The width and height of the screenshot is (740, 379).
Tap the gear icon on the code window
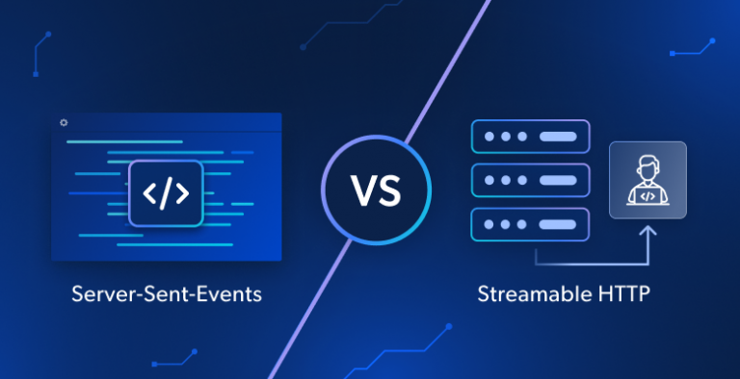(64, 122)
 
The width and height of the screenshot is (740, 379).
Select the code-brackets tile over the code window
(166, 193)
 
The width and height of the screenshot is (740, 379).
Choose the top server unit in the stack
(528, 137)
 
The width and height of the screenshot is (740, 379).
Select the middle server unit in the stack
(528, 180)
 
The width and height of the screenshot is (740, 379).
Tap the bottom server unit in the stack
(528, 223)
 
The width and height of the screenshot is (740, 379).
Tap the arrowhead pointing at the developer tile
(647, 231)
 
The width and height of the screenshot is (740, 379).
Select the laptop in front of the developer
(647, 195)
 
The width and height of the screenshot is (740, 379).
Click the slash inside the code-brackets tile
(166, 193)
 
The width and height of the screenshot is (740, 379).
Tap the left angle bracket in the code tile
(149, 193)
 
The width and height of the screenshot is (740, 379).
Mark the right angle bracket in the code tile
(182, 193)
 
